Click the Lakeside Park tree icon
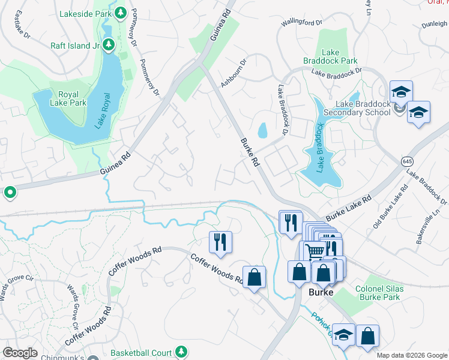pos(121,12)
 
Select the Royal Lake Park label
pos(73,98)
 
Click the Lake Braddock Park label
pos(339,56)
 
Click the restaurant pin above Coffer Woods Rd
pos(220,241)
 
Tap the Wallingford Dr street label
pos(303,23)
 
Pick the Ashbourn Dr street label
pos(234,73)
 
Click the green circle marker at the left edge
pos(10,193)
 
